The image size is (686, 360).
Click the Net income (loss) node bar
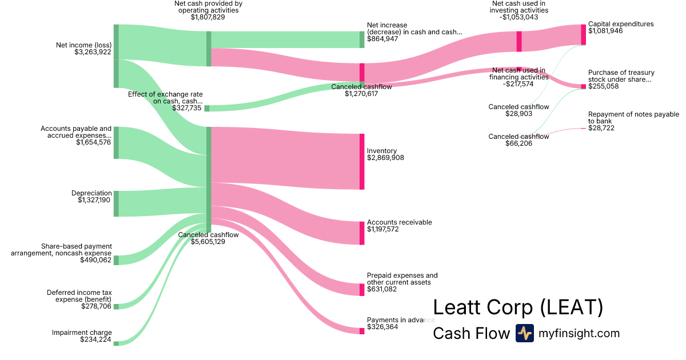point(116,56)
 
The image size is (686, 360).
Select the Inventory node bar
point(362,161)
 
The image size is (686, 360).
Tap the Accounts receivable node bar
point(362,233)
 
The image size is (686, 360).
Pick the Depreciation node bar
point(116,204)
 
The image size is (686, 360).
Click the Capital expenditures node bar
point(584,35)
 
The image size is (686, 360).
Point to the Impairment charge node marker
point(116,343)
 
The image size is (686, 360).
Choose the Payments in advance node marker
point(362,331)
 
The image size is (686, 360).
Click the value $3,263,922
point(93,52)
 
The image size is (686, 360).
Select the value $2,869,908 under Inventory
point(385,158)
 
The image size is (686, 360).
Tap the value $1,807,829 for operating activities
point(208,17)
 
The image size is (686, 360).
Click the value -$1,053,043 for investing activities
point(520,17)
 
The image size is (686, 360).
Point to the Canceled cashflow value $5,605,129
point(208,242)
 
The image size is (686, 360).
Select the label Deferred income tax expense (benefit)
point(79,296)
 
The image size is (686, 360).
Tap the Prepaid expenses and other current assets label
point(402,279)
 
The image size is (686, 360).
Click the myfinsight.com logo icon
point(524,333)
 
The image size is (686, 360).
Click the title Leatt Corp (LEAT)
point(518,307)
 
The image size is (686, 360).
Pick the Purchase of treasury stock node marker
point(584,87)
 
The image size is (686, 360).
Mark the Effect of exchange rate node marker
point(207,108)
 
